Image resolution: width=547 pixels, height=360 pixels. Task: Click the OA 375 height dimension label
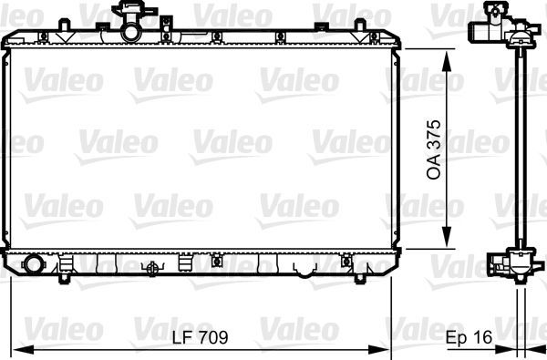point(435,149)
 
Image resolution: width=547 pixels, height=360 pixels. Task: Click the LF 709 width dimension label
point(199,337)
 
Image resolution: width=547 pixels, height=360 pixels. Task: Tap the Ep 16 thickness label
point(469,337)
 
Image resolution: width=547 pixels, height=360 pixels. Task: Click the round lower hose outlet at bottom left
point(35,265)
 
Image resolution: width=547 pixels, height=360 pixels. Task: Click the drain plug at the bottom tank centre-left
point(152,267)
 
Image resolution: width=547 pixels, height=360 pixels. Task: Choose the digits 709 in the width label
point(212,337)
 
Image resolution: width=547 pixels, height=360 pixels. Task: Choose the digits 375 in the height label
point(435,137)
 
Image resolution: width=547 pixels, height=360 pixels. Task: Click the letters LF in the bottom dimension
point(181,337)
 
